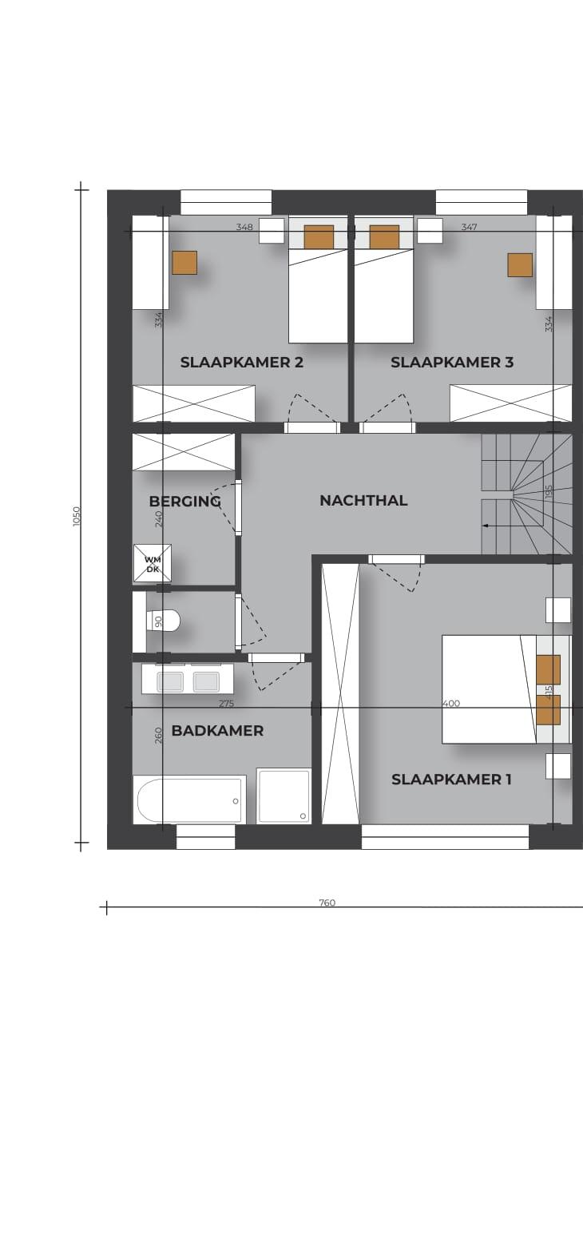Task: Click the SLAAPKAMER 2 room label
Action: click(x=241, y=363)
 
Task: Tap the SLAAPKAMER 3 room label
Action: click(x=452, y=363)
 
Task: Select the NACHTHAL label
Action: click(x=363, y=500)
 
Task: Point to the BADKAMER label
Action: click(x=217, y=731)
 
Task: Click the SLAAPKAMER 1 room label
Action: click(x=451, y=780)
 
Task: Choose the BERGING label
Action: click(x=184, y=502)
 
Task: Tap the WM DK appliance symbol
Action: click(x=153, y=563)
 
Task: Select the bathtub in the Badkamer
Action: click(x=189, y=800)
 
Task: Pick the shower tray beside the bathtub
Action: click(x=284, y=796)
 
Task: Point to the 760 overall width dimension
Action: click(x=327, y=903)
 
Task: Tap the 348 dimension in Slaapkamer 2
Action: click(x=244, y=227)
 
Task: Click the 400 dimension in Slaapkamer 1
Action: click(x=451, y=703)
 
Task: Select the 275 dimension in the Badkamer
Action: click(x=226, y=703)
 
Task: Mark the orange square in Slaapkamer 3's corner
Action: click(x=520, y=265)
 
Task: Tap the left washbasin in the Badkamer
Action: click(x=169, y=682)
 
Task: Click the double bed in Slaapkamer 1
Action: click(x=490, y=689)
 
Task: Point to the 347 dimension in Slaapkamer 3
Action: click(x=469, y=227)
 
